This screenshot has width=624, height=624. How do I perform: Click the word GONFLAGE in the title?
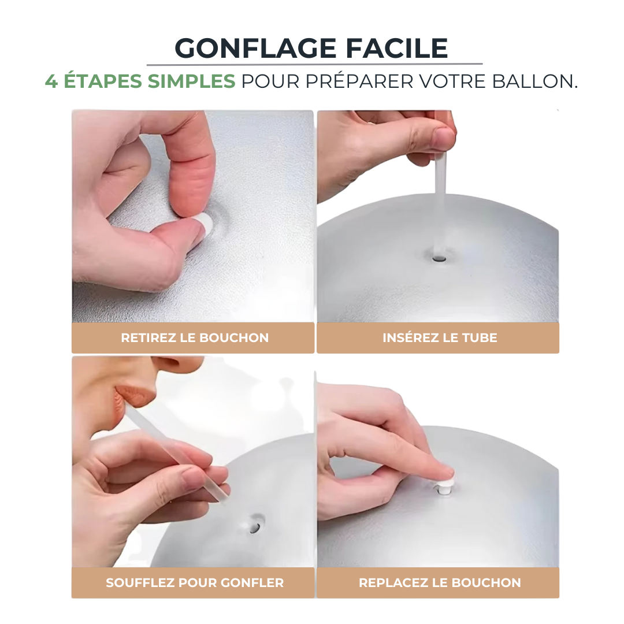[256, 49]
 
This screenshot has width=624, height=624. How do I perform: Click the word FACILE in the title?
[397, 49]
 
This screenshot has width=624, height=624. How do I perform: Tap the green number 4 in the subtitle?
[51, 81]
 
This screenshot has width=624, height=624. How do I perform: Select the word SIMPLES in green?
[191, 81]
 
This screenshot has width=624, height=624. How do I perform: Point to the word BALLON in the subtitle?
[534, 81]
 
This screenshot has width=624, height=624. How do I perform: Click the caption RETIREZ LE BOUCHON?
[195, 338]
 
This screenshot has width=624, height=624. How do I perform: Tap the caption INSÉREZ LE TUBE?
[440, 337]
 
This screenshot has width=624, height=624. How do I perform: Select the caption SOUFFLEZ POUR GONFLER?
[195, 582]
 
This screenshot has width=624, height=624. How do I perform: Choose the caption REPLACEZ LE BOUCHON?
[440, 582]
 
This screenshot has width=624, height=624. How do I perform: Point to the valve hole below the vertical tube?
[439, 259]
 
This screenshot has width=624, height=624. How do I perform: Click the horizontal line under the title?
[314, 64]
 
